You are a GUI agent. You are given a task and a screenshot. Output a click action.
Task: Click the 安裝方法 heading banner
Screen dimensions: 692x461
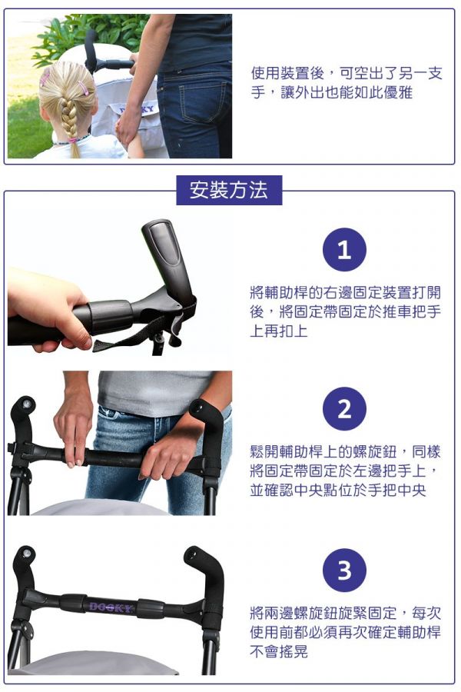(x=229, y=190)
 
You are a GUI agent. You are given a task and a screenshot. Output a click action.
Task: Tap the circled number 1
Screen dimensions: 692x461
(x=344, y=250)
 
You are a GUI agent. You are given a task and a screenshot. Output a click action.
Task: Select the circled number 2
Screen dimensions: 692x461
(x=344, y=409)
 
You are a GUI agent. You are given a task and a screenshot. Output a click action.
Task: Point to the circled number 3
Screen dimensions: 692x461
(x=344, y=571)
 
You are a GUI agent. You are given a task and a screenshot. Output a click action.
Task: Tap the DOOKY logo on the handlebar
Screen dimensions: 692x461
(x=111, y=607)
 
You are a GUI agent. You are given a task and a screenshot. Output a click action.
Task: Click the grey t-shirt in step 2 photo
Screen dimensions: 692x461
(x=154, y=392)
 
